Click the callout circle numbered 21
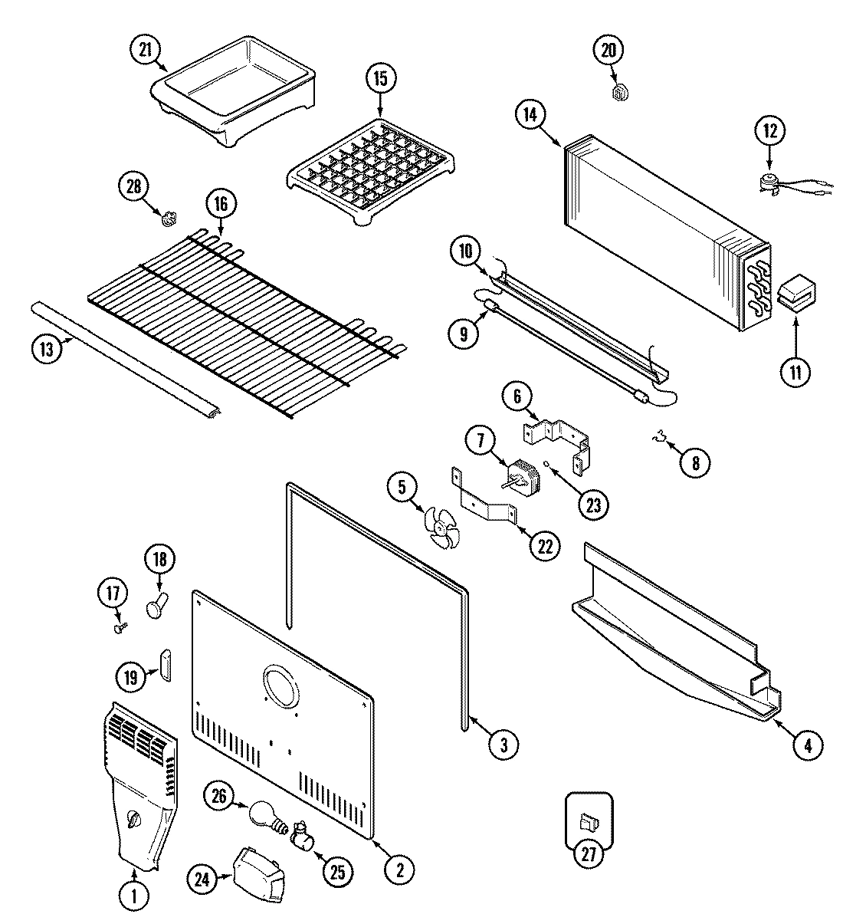(x=146, y=51)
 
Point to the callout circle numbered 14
(x=530, y=115)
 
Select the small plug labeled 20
(x=620, y=93)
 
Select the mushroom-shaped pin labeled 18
(x=156, y=606)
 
